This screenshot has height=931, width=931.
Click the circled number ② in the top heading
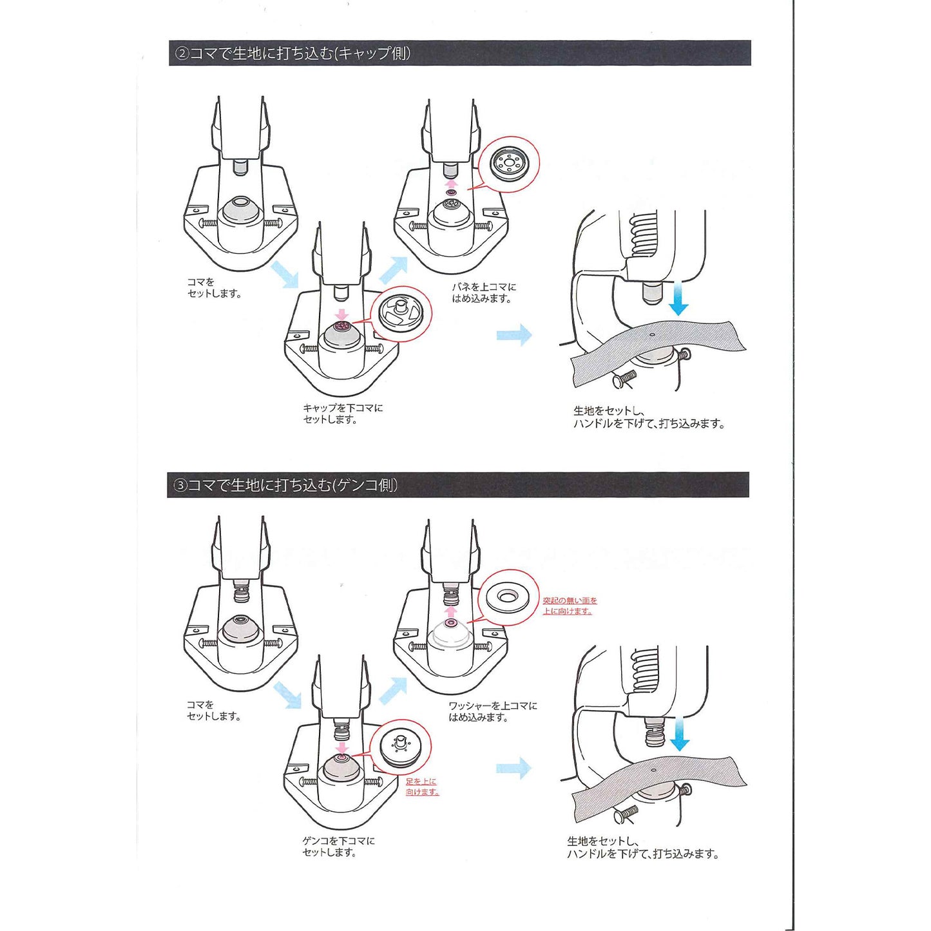[182, 53]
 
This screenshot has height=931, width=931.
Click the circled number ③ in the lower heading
[180, 485]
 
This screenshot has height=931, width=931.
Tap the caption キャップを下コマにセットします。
[342, 414]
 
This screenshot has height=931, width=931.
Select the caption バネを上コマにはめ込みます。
[483, 293]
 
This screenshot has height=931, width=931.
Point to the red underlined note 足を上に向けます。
[422, 787]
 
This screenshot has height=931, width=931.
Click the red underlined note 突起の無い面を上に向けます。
[570, 606]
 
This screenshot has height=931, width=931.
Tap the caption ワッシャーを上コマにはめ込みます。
[492, 711]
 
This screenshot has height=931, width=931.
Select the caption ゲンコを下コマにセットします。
[338, 847]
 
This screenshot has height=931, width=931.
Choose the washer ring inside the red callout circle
[509, 597]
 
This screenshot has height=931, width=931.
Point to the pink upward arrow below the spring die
[452, 183]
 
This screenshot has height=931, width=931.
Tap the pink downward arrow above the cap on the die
[342, 314]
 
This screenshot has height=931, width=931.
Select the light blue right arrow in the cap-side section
[514, 335]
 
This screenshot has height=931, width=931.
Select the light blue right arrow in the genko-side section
[514, 768]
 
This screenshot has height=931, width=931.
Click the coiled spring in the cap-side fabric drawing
[644, 235]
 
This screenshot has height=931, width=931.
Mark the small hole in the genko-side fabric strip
[653, 770]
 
